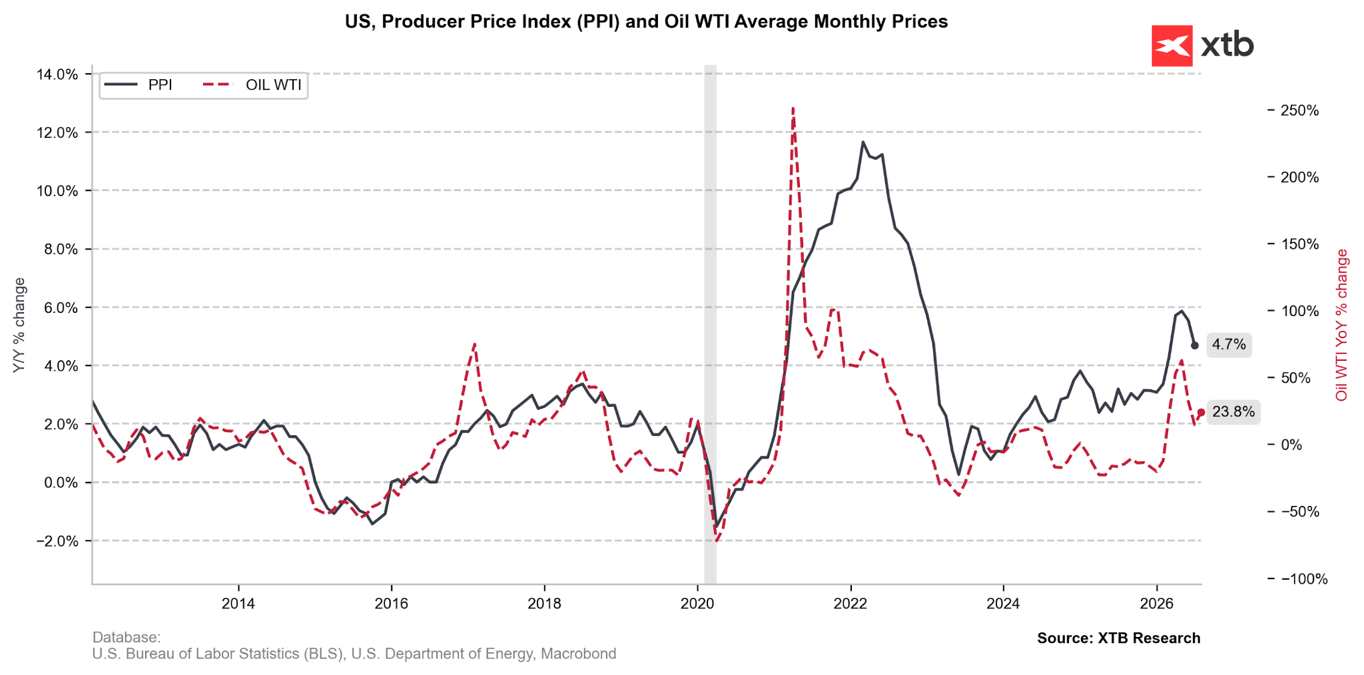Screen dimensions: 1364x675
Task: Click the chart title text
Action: click(646, 22)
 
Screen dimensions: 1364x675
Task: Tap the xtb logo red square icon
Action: click(1172, 46)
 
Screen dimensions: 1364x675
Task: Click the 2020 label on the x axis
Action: click(697, 604)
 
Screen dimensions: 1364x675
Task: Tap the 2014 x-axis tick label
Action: click(238, 604)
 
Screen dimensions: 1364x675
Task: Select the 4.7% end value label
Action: click(1229, 345)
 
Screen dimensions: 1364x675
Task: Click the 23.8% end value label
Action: click(1233, 412)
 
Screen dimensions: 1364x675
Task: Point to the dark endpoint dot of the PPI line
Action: click(1194, 345)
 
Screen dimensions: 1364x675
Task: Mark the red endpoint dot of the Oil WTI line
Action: click(1201, 413)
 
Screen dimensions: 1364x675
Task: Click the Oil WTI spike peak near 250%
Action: click(793, 108)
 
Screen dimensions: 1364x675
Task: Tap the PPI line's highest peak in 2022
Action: click(862, 142)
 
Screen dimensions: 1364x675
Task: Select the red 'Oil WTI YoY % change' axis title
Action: click(1342, 325)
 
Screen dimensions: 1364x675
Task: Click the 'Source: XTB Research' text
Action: click(1118, 638)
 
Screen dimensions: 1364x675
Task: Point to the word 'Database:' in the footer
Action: click(127, 638)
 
